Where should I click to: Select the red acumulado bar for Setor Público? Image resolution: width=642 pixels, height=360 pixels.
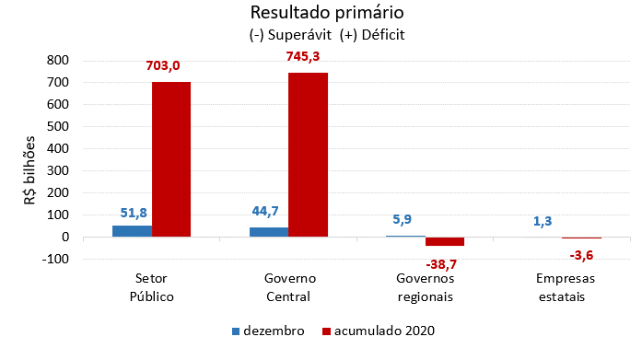click(x=171, y=159)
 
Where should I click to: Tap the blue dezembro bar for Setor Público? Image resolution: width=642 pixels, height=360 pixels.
click(x=132, y=231)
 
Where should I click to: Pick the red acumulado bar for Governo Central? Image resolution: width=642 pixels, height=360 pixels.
click(x=308, y=155)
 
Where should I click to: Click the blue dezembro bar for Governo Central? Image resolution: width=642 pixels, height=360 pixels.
click(x=268, y=232)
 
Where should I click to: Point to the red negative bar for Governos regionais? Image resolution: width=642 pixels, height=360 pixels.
click(x=445, y=241)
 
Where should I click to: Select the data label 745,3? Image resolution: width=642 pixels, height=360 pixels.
click(x=308, y=57)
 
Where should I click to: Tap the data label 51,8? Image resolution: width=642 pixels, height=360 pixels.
click(x=133, y=213)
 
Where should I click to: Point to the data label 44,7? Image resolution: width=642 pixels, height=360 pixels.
click(x=268, y=211)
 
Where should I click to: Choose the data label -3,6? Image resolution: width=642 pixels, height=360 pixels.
click(x=581, y=255)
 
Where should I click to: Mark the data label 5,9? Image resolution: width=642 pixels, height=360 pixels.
click(x=404, y=220)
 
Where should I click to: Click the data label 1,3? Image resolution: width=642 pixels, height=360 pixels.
click(x=542, y=221)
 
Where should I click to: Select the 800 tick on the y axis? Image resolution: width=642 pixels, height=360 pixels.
click(x=57, y=60)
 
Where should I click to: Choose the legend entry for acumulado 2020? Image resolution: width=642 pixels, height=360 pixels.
click(x=378, y=331)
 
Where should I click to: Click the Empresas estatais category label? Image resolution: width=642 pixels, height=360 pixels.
click(x=566, y=286)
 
